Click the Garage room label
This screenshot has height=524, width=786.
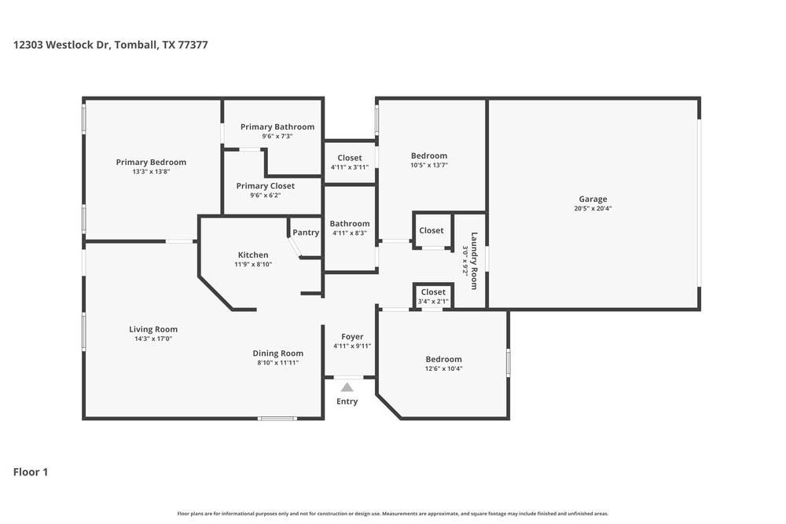593,199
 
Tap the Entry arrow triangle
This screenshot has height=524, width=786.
347,387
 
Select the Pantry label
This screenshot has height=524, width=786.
306,233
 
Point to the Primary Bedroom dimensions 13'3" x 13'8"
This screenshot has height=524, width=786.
151,171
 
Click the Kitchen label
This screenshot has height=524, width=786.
253,255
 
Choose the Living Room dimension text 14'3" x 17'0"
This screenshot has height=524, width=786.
153,339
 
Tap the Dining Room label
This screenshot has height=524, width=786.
277,354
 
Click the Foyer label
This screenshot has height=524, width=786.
351,336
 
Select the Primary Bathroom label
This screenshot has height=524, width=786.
277,126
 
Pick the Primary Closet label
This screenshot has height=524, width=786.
266,186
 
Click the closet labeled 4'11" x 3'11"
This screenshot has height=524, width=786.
350,158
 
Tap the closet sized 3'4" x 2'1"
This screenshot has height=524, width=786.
433,292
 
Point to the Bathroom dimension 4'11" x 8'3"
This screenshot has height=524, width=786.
350,233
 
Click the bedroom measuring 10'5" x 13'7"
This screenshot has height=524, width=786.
428,156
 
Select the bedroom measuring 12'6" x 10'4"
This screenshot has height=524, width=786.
443,359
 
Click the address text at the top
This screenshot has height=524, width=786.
111,45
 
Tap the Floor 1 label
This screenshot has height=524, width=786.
31,472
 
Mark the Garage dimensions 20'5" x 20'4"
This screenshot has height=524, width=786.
593,208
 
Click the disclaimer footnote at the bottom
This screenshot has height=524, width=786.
392,514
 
